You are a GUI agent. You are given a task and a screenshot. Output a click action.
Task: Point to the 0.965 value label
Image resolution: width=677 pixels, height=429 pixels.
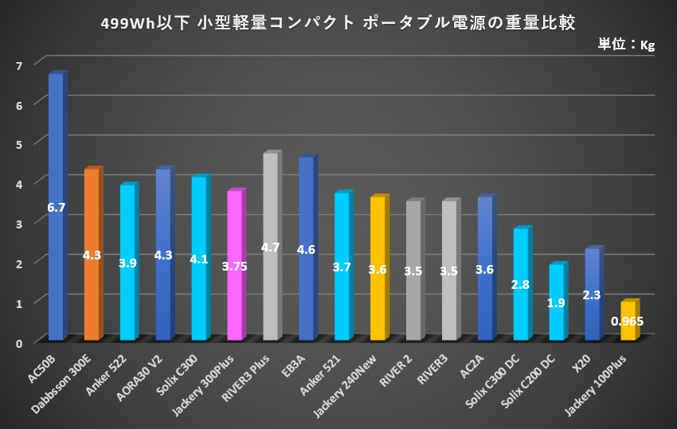[628, 322]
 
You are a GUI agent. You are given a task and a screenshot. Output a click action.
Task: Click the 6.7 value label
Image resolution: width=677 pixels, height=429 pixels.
[56, 208]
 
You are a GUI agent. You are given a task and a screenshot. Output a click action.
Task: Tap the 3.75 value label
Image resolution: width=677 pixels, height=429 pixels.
[234, 266]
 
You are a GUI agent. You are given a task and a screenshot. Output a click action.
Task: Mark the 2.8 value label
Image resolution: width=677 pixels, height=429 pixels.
[521, 284]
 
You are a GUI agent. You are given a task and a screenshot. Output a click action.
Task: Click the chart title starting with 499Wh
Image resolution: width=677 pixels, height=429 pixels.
[338, 21]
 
